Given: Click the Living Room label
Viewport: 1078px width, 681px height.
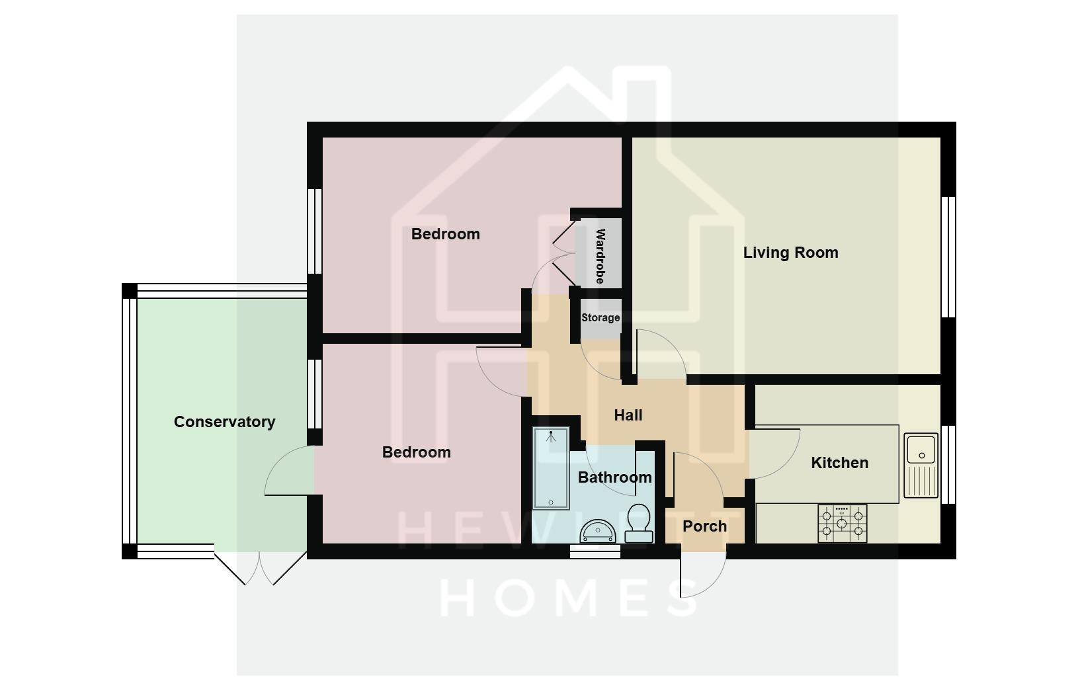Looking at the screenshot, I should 790,253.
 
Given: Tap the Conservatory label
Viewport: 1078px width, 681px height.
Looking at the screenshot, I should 224,422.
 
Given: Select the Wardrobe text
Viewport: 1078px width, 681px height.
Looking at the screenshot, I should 601,256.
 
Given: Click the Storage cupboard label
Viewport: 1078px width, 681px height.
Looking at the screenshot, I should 601,317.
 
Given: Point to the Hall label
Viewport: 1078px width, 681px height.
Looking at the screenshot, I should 628,415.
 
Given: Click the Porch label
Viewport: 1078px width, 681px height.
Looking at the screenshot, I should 704,526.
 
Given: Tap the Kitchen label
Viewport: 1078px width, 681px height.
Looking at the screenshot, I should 839,463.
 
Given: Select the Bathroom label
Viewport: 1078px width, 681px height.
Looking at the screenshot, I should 614,477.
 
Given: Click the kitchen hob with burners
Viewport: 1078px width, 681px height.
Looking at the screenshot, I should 842,523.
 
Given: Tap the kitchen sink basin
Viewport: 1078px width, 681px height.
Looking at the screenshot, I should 921,449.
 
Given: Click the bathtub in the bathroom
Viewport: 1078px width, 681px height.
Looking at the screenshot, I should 551,468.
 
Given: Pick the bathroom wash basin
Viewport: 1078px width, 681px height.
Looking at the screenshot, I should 598,531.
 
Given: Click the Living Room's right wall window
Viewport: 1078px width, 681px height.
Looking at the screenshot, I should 948,257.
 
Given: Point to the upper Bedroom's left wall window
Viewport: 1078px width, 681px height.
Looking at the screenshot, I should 315,231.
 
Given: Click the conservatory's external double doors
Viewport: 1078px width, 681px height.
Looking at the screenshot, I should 260,569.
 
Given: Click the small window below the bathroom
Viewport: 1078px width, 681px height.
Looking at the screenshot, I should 595,551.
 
